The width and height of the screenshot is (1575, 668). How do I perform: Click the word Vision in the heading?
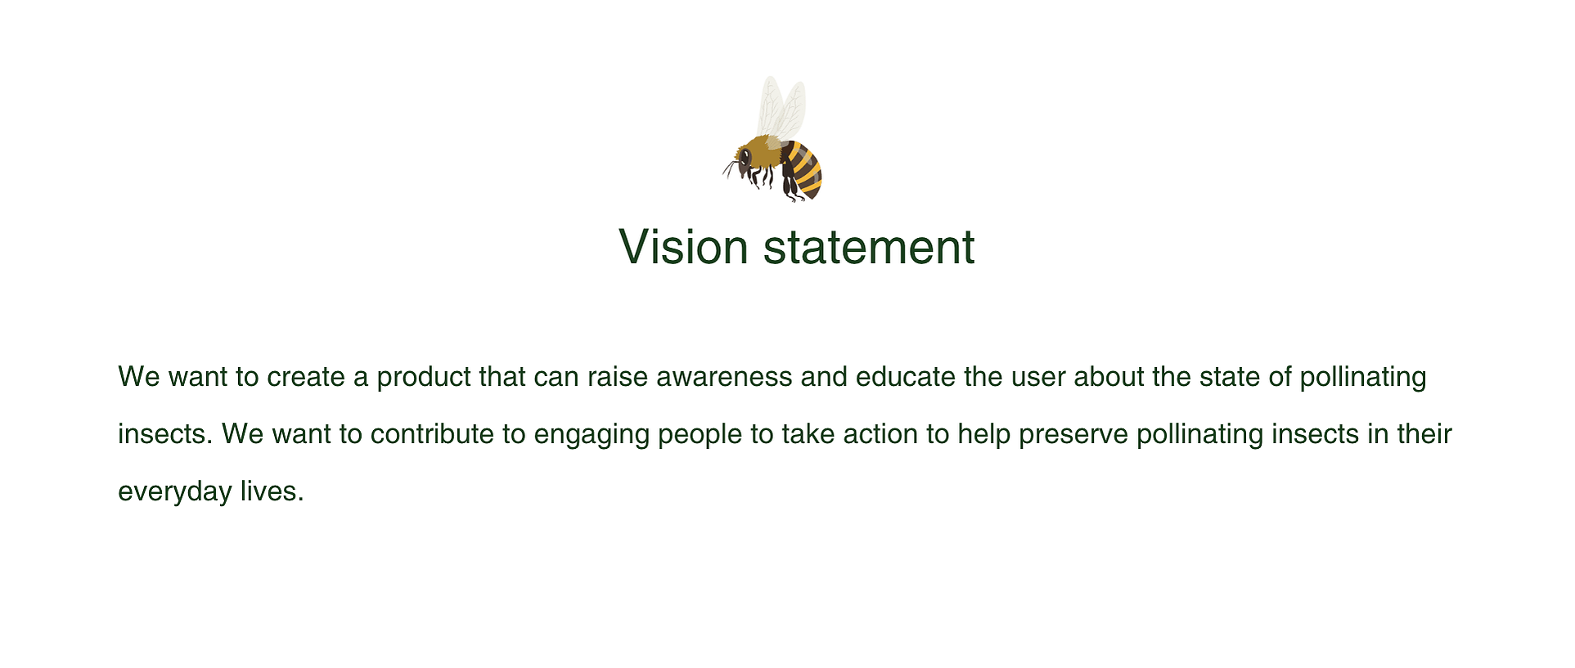point(683,246)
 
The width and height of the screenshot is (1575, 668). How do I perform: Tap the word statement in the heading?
point(869,246)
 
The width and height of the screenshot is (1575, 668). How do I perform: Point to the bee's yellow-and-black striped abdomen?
point(802,169)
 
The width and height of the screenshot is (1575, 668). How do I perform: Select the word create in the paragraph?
point(306,377)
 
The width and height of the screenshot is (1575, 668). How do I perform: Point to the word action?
point(880,434)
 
